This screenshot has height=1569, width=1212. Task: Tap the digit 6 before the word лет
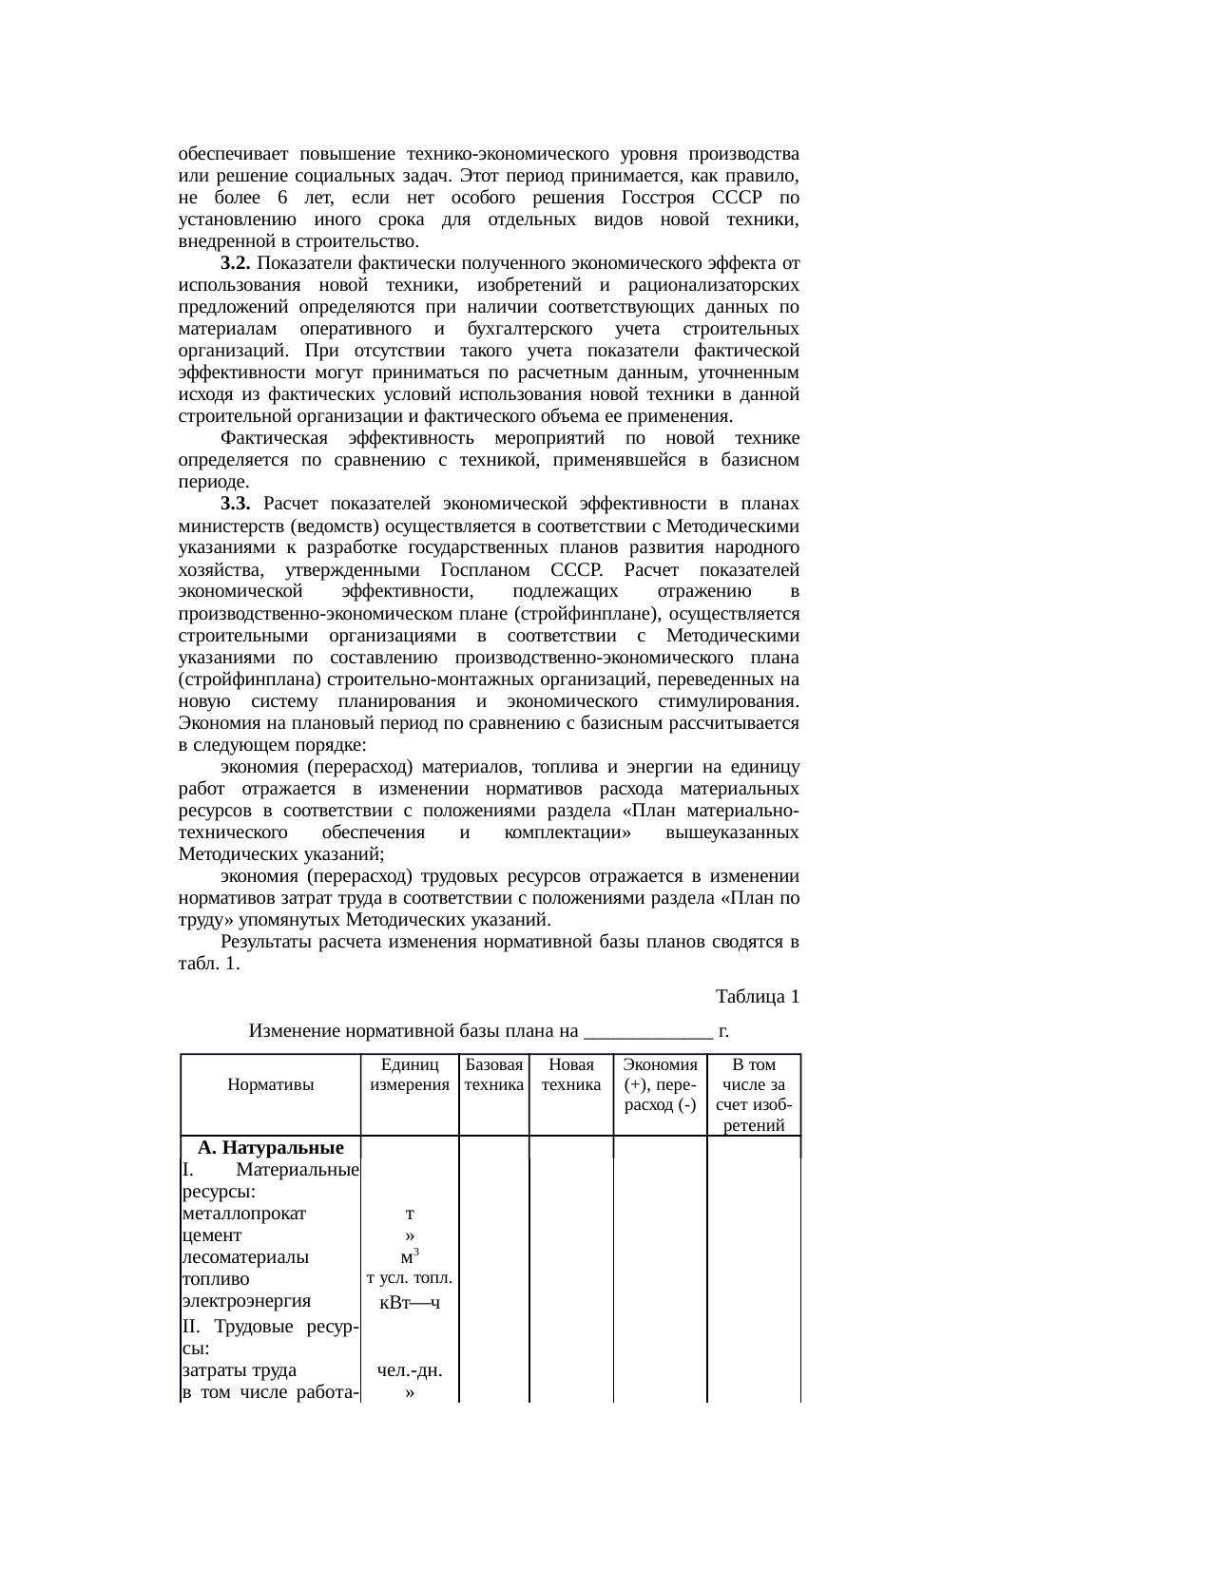[x=282, y=198]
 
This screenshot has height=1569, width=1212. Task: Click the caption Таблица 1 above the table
[x=757, y=997]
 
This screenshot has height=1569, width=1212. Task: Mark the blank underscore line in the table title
[x=648, y=1030]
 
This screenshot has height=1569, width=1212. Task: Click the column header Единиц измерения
[x=409, y=1075]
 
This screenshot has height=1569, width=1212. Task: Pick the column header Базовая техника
[x=493, y=1075]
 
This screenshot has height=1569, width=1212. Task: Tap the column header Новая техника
[x=570, y=1075]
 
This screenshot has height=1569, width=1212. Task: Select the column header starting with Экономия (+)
[x=660, y=1084]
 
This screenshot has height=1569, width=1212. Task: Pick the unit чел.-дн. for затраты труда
[x=409, y=1370]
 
